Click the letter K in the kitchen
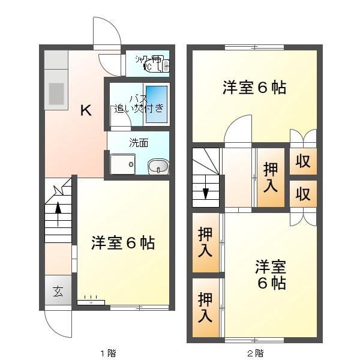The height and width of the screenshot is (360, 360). tap(86, 110)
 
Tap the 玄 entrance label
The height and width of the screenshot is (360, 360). tap(58, 292)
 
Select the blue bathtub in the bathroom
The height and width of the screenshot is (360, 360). tap(157, 105)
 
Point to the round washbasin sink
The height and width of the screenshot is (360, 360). tap(158, 166)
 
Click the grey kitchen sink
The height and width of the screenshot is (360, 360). tap(56, 94)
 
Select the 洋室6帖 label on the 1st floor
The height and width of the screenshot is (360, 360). tap(123, 243)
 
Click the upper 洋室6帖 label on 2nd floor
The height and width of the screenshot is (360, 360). tap(254, 88)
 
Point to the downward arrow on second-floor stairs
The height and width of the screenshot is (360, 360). tap(206, 193)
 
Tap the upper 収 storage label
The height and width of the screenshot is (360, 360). tap(302, 161)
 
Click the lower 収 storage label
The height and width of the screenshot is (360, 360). tap(302, 194)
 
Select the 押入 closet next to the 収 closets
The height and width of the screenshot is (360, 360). tap(270, 178)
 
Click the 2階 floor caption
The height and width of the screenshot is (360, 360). tap(255, 352)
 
